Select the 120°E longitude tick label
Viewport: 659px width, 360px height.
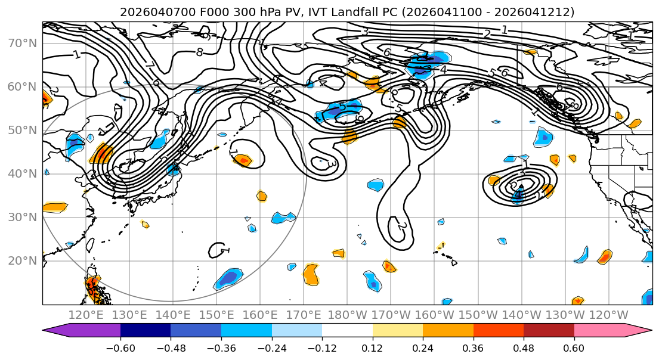[x=86, y=315]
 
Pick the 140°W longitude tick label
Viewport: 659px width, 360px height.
[x=522, y=315]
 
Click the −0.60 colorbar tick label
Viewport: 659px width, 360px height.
[x=120, y=347]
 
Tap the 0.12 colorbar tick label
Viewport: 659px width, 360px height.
[x=372, y=347]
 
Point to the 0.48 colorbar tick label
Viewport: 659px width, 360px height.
[x=524, y=347]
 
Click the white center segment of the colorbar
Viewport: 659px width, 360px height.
[x=347, y=331]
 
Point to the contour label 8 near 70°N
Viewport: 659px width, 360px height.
[x=199, y=52]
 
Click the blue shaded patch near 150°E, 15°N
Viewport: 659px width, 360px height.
[x=228, y=278]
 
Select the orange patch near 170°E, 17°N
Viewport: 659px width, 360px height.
[x=311, y=275]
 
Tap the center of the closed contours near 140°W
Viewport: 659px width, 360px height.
[x=519, y=186]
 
